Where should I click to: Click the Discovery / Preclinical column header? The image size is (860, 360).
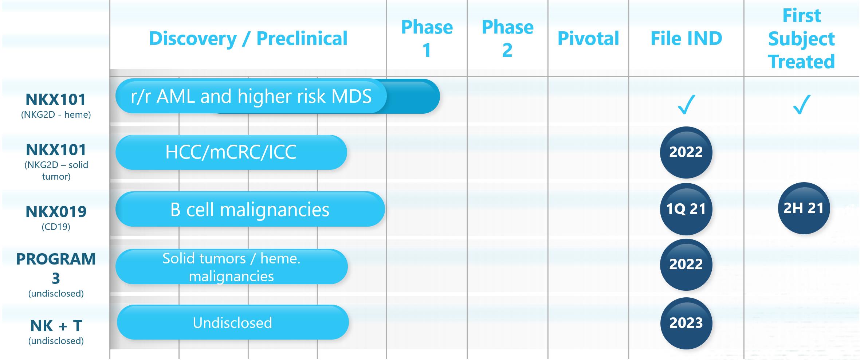[x=248, y=38]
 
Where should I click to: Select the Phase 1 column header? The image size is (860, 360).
[x=427, y=38]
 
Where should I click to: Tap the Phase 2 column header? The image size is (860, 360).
[x=507, y=38]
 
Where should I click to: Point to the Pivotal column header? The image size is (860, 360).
[x=588, y=38]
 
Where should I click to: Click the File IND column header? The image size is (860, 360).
[x=686, y=38]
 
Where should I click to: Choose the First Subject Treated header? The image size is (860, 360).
[x=801, y=39]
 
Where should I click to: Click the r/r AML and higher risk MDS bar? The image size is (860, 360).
[x=278, y=96]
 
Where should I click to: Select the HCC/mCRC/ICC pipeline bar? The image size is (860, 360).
[x=231, y=152]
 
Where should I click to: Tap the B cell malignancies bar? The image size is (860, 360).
[x=250, y=209]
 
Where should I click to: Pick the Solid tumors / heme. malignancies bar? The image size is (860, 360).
[x=232, y=267]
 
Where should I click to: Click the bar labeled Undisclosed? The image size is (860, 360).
[x=233, y=322]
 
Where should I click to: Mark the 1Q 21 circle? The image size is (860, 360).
[x=686, y=209]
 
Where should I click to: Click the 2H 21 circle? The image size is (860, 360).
[x=804, y=208]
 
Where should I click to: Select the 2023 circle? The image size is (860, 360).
[x=686, y=323]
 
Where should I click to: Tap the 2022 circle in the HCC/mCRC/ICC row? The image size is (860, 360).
[x=686, y=152]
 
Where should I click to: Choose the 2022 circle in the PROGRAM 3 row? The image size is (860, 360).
[x=686, y=264]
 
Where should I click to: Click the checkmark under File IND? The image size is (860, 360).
[x=687, y=105]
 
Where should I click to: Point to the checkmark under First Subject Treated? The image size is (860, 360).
[x=802, y=105]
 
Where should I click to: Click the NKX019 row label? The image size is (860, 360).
[x=56, y=217]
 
